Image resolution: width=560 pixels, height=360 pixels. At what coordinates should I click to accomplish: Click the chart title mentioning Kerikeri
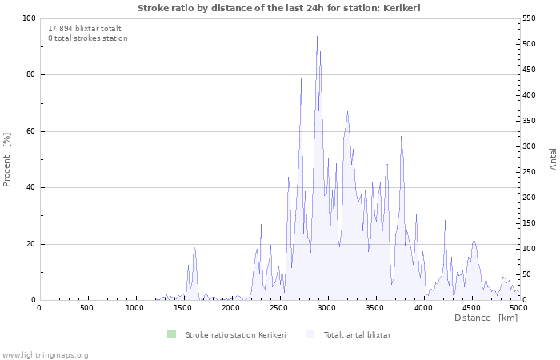click(x=279, y=8)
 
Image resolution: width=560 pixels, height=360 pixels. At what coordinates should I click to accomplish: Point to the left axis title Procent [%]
click(x=7, y=159)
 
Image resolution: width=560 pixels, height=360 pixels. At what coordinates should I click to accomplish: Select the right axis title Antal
click(x=553, y=159)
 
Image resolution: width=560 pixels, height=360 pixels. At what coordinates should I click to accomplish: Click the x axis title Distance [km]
click(x=486, y=318)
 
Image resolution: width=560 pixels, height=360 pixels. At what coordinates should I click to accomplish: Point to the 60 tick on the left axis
click(x=31, y=131)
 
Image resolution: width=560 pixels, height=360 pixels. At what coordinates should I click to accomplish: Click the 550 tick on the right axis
click(x=530, y=18)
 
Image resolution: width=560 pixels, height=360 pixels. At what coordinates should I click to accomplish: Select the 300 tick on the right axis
click(x=530, y=146)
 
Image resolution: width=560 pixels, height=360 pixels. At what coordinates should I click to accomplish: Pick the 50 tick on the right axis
click(x=528, y=274)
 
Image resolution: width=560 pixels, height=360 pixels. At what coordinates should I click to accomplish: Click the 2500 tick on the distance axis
click(x=278, y=308)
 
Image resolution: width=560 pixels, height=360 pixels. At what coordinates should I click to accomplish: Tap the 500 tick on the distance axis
click(x=86, y=308)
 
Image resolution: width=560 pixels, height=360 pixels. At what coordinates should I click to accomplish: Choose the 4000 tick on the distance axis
click(x=422, y=308)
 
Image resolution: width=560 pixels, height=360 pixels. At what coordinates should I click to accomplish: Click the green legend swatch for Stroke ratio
click(x=170, y=334)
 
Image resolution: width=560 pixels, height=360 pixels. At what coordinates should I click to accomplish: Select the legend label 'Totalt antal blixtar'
click(x=357, y=334)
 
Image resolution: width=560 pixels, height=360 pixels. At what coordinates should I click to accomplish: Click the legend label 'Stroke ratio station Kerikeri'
click(x=235, y=334)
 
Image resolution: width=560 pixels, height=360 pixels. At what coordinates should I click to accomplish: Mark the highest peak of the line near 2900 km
click(x=317, y=36)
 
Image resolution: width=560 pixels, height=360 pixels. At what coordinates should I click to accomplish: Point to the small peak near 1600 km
click(x=194, y=245)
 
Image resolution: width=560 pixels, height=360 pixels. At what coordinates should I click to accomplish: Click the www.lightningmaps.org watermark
click(x=45, y=354)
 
